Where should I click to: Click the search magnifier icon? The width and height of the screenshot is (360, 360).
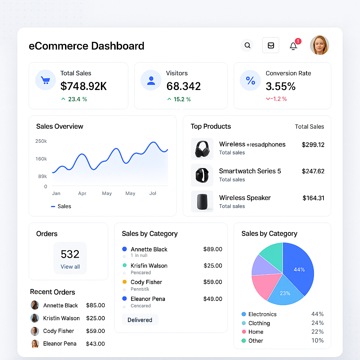[247, 45]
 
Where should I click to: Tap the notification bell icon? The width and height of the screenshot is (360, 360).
[294, 46]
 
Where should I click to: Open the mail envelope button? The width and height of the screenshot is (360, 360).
[271, 45]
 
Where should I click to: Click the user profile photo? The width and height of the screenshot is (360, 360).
[319, 45]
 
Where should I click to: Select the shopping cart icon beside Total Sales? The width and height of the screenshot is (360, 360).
[45, 80]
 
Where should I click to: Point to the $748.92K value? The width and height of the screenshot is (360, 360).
[84, 86]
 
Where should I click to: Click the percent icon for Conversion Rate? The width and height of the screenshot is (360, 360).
[250, 81]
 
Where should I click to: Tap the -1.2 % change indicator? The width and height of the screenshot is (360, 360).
[276, 99]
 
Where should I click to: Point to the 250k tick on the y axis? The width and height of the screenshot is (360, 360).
[41, 141]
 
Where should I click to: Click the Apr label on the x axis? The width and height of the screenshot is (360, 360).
[82, 193]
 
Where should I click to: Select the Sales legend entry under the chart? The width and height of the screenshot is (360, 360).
[61, 206]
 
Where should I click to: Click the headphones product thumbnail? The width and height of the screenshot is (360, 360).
[202, 149]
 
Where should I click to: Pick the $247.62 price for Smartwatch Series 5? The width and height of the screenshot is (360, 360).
[313, 171]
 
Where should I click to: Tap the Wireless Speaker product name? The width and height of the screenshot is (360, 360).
[245, 198]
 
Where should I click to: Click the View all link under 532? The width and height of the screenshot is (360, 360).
[70, 266]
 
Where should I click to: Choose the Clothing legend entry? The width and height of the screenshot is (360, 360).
[259, 323]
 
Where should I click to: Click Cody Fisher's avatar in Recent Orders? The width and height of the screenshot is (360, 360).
[35, 331]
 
